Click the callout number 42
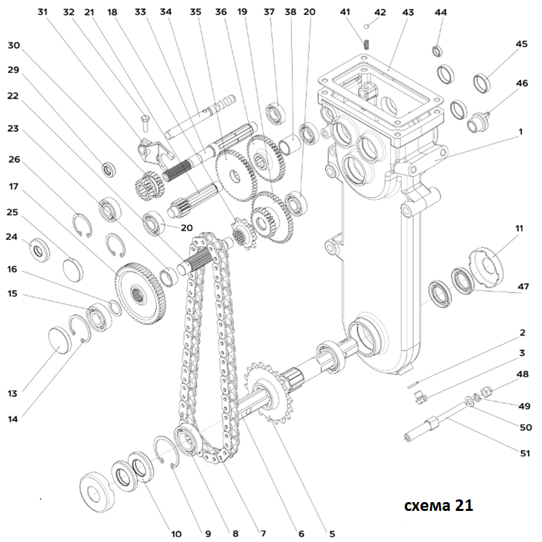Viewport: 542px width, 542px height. [380, 12]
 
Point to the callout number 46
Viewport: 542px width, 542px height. [521, 83]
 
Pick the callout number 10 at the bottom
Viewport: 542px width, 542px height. [176, 534]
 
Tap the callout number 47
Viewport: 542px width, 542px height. [522, 287]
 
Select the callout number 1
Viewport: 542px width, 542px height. [521, 132]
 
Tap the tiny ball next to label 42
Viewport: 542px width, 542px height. [366, 26]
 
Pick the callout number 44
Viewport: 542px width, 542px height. [441, 12]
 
